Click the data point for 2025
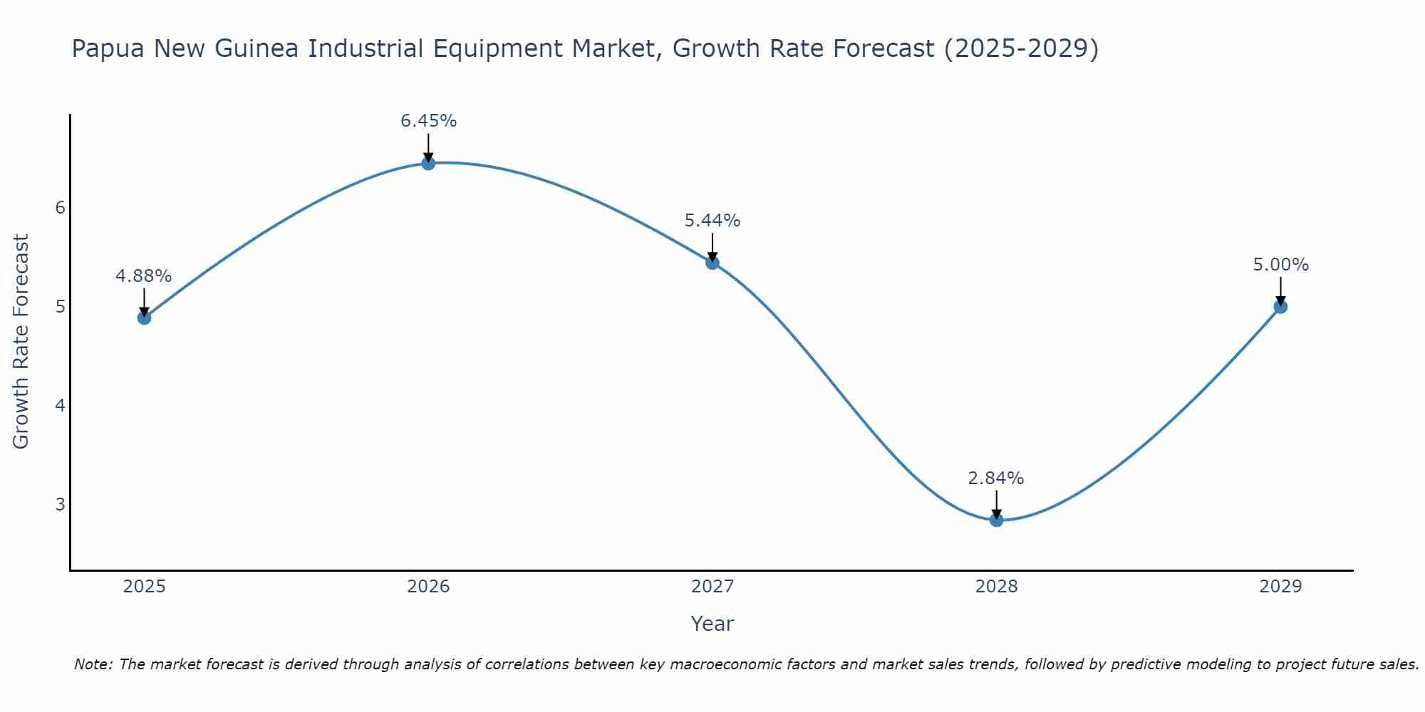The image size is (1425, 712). click(144, 318)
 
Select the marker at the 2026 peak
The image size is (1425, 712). click(428, 163)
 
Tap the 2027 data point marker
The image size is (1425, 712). click(712, 263)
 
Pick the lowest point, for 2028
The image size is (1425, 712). click(996, 520)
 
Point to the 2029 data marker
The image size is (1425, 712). click(1280, 307)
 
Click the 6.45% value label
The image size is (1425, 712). click(428, 121)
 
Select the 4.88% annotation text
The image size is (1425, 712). click(144, 276)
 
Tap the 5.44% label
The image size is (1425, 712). click(712, 221)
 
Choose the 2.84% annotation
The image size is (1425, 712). click(996, 478)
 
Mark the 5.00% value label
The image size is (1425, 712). click(1280, 265)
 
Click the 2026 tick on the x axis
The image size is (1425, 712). click(428, 587)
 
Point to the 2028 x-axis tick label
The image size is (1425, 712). click(996, 587)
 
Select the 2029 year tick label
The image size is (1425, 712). click(1280, 587)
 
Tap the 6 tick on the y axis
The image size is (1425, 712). click(60, 208)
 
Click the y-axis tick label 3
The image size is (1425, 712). click(60, 505)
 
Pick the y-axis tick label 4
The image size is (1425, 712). click(60, 406)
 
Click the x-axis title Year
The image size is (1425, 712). click(712, 624)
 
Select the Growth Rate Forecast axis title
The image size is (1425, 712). click(21, 342)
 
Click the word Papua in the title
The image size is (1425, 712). click(109, 49)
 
